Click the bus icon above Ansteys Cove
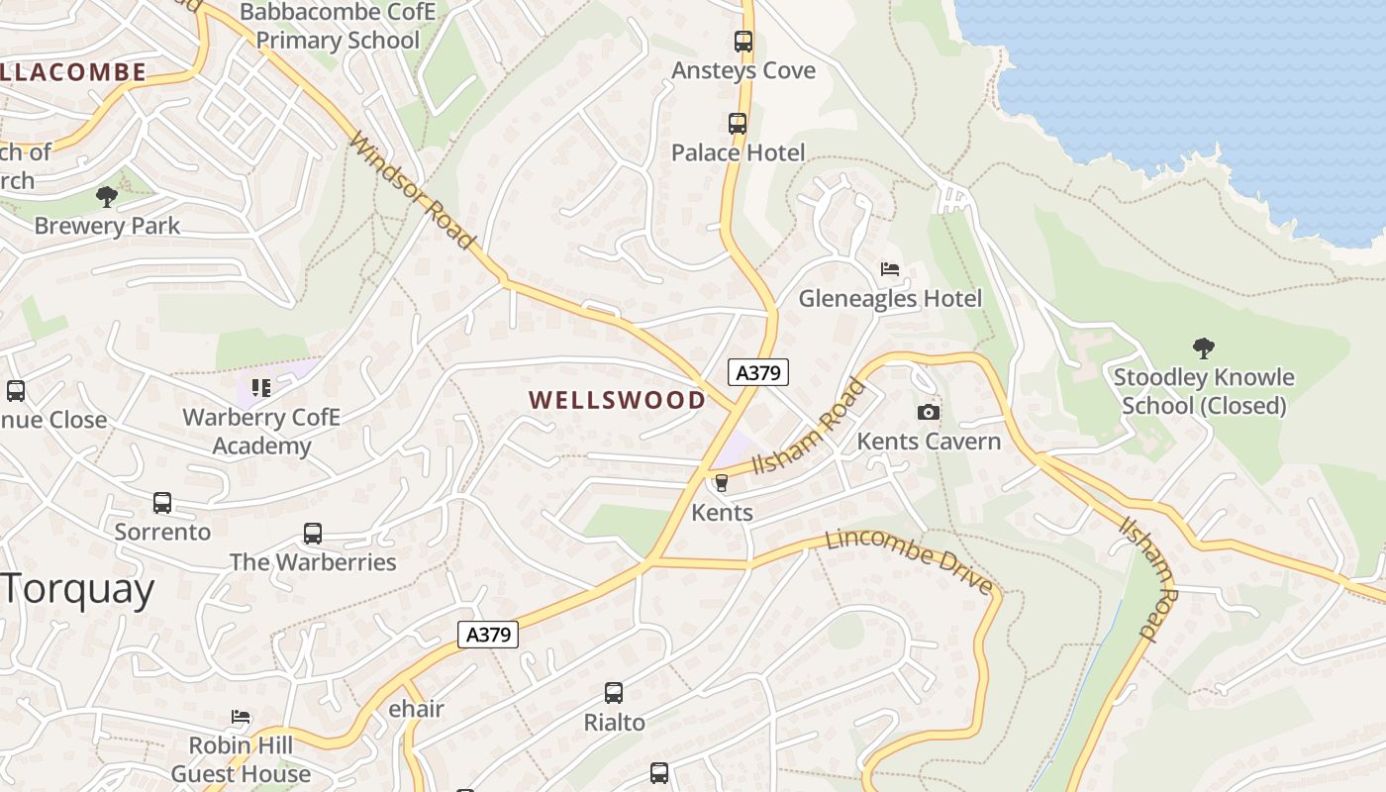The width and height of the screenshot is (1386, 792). pos(743,42)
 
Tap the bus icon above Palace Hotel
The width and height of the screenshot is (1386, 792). pos(738,124)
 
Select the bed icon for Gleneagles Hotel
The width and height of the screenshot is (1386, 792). pos(890,269)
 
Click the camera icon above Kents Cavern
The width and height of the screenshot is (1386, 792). pos(929,412)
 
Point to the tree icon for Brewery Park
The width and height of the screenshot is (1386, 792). pos(107,197)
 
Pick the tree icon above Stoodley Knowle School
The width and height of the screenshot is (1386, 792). pos(1204,348)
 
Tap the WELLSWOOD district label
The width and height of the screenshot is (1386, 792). pos(617,400)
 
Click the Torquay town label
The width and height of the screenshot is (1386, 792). pos(77,590)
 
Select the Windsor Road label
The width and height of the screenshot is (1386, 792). pos(413,190)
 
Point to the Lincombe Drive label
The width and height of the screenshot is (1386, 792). pos(909,560)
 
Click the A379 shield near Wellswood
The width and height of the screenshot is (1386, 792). pos(758,372)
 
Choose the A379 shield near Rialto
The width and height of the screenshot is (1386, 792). pos(489,634)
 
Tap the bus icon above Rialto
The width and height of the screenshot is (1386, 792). pos(614,693)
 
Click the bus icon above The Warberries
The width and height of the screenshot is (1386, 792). pos(313,534)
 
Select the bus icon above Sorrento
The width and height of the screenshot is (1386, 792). pos(162,503)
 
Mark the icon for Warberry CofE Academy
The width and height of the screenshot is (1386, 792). pos(261,387)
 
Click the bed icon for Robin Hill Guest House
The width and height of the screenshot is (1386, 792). pos(241,717)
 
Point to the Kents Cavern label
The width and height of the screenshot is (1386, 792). pos(929,442)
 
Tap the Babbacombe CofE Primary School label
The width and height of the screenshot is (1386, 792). pos(338,27)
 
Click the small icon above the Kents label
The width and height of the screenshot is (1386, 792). pos(721,483)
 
